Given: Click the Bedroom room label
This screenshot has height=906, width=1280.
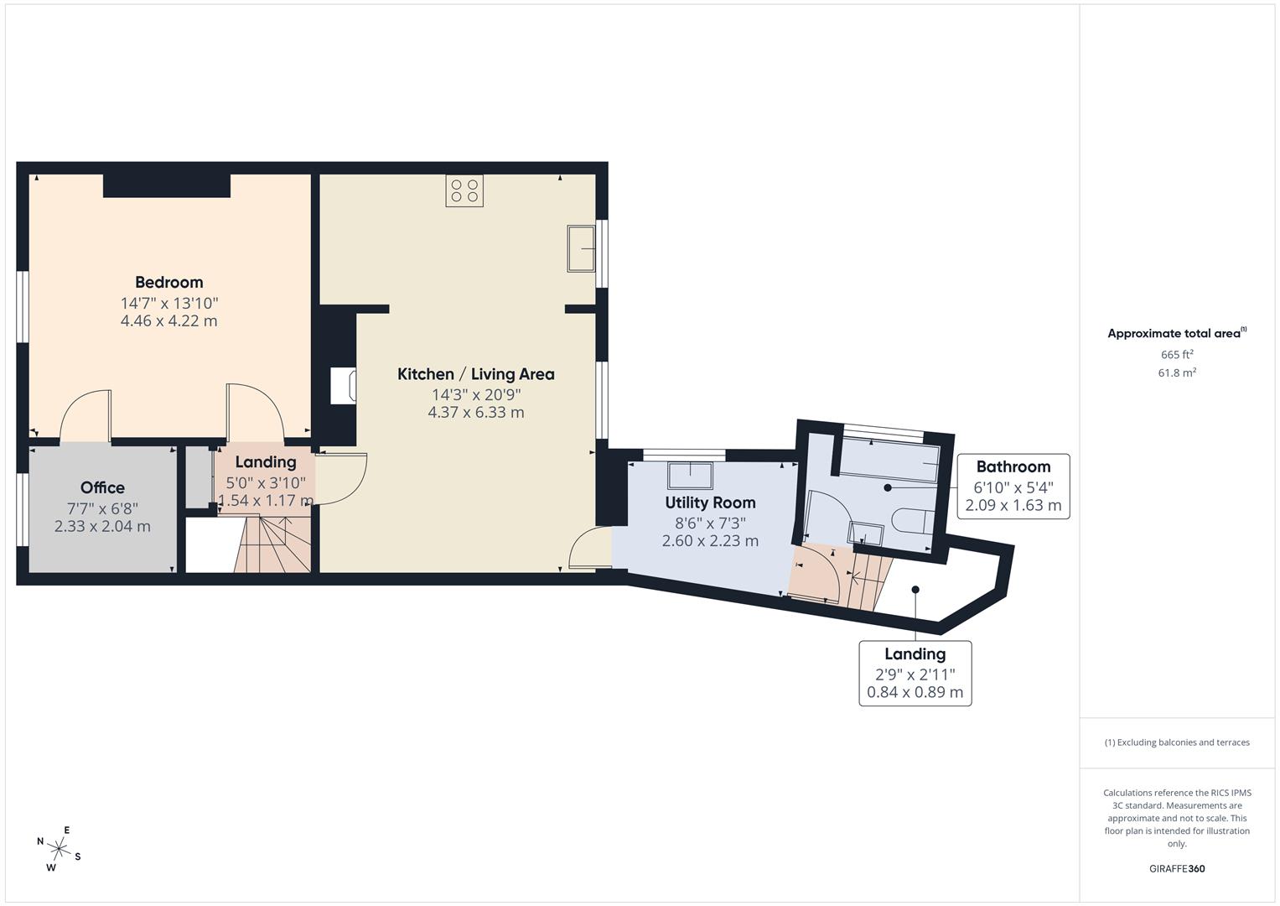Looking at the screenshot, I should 169,282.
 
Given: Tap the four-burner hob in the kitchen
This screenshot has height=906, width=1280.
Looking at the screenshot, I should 464,190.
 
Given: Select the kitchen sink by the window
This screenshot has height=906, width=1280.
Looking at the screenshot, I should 581,248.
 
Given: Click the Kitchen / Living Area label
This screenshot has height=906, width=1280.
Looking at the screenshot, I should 475,374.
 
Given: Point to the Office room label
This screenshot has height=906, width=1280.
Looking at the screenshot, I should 102,487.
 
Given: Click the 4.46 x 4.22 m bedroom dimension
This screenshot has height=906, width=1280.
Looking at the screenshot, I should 169,320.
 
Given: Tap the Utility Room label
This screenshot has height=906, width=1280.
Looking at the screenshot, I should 710,502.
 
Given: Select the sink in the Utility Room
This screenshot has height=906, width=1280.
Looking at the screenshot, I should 690,476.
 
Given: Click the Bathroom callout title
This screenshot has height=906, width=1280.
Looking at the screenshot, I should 1013,467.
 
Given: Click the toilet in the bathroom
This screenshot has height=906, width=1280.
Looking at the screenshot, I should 909,521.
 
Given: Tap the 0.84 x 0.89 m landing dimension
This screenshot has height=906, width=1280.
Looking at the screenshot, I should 915,693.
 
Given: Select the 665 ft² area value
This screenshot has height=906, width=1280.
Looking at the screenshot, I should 1177,355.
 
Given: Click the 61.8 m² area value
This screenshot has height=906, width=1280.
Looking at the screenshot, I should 1177,373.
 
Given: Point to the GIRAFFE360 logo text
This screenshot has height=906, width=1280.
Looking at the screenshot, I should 1177,868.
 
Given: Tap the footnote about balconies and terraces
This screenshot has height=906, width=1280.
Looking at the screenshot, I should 1177,742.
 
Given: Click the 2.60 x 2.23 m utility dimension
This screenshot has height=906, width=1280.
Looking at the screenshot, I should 710,541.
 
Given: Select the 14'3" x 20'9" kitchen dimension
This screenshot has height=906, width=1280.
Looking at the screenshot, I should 475,394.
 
